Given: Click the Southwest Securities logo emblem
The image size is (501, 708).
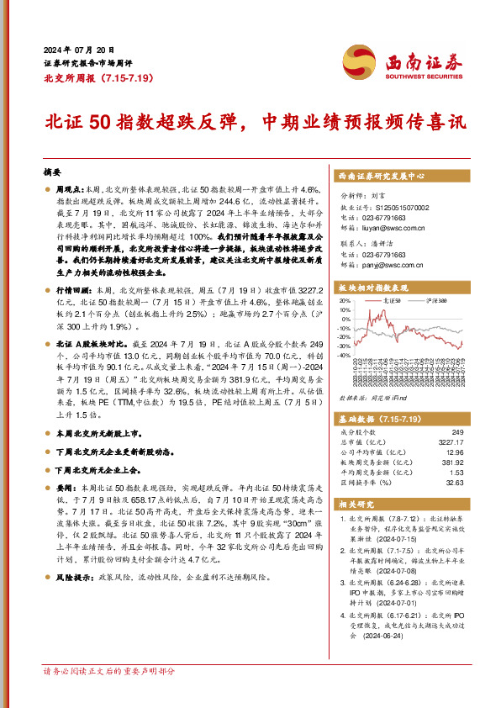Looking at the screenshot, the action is pos(358,60).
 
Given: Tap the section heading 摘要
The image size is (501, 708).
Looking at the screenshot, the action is pos(52,171).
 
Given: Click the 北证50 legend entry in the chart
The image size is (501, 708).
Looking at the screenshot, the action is pos(391,299).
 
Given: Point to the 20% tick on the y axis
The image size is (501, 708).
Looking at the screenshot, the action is pos(343,300).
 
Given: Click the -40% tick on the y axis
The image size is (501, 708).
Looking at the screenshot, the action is pos(343,356).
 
